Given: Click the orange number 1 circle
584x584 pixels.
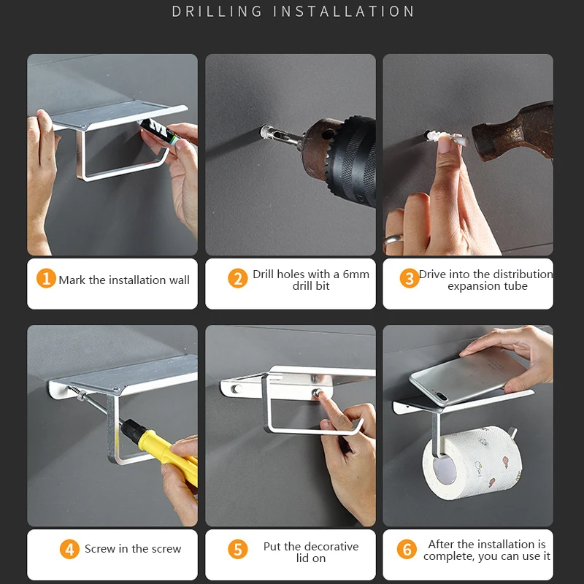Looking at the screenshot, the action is pyautogui.click(x=46, y=278).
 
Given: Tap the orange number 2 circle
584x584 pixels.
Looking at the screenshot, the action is pyautogui.click(x=238, y=278).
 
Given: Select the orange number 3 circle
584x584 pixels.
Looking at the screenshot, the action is pyautogui.click(x=410, y=278).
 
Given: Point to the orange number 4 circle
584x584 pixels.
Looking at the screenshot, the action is pyautogui.click(x=69, y=550).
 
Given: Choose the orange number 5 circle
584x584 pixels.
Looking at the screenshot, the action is pyautogui.click(x=238, y=550).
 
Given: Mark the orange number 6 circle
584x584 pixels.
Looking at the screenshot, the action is pyautogui.click(x=407, y=550).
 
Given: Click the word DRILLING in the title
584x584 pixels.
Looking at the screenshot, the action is pyautogui.click(x=217, y=12).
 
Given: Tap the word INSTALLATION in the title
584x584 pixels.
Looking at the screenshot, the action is pyautogui.click(x=343, y=12).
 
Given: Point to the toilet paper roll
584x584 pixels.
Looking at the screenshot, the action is pyautogui.click(x=473, y=463).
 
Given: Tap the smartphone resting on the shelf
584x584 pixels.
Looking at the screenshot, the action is pyautogui.click(x=469, y=376).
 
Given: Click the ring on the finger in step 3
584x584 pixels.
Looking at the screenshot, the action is pyautogui.click(x=393, y=239).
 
